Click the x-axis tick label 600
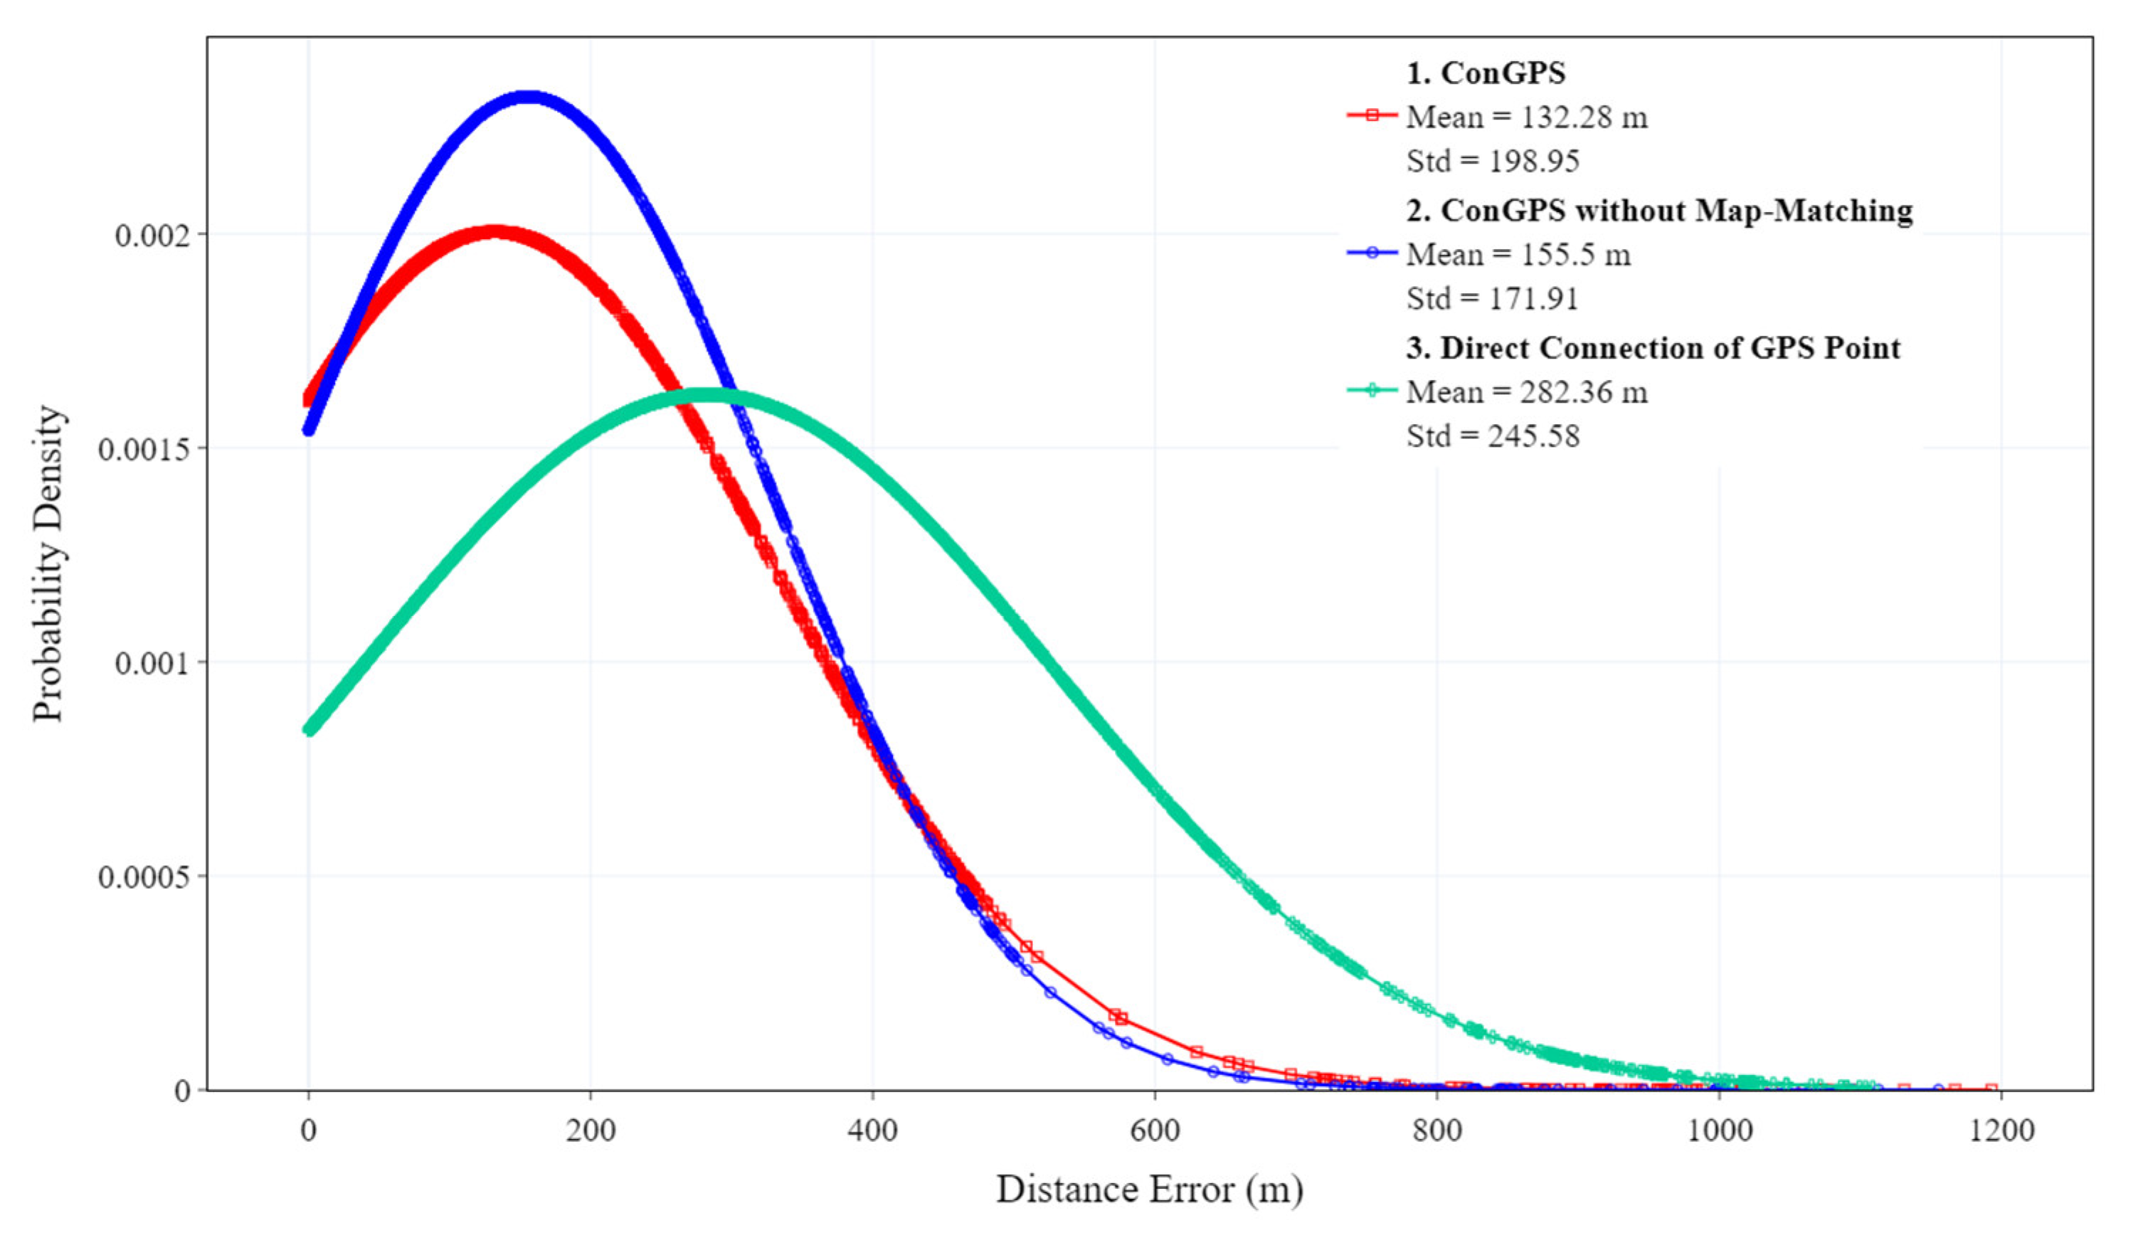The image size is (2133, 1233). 1155,1131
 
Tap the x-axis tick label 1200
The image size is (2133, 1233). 2001,1131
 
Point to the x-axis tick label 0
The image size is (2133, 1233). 308,1131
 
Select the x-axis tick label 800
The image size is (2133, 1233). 1436,1131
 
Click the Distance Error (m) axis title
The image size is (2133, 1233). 1148,1189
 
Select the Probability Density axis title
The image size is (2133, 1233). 48,563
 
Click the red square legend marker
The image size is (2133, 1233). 1372,115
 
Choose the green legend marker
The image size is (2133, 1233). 1372,390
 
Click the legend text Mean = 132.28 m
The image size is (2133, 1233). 1527,117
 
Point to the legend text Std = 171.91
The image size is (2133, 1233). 1492,298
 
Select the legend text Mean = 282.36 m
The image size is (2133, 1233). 1527,392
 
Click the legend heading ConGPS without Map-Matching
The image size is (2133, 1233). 1659,210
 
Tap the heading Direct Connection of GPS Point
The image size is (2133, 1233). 1653,348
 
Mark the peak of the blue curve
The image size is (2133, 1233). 529,97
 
